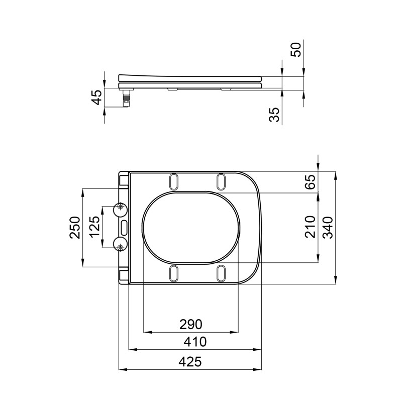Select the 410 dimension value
195,342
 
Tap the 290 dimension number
191,324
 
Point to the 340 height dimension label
327,227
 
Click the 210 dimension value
310,227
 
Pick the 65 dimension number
310,181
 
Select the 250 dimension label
74,228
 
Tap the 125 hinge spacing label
94,228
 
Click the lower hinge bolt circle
120,246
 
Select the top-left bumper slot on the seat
174,180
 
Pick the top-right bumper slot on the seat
221,180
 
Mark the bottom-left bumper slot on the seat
174,273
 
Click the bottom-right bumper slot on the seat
221,273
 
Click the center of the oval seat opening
192,227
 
